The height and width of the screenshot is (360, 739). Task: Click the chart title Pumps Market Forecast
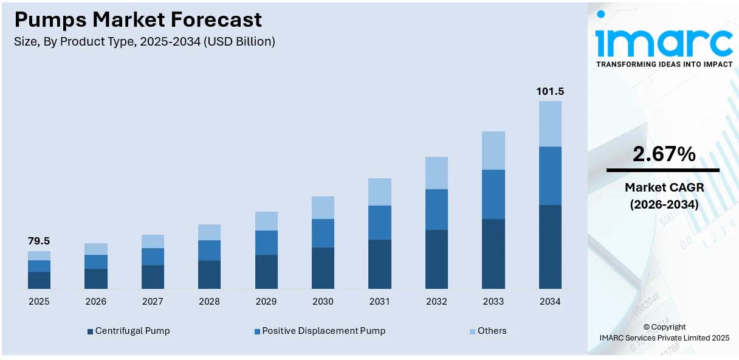(x=138, y=20)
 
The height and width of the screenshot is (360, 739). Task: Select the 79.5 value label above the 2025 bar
(x=39, y=241)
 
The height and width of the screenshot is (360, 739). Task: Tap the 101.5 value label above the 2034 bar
(x=550, y=91)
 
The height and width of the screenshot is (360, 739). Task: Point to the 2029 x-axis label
(x=266, y=302)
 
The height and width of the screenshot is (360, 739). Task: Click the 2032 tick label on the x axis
(x=436, y=302)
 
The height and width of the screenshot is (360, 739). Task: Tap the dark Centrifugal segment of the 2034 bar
(x=550, y=246)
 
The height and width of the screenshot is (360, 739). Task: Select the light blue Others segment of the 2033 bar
(x=493, y=150)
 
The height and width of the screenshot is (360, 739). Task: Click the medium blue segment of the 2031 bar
(x=380, y=223)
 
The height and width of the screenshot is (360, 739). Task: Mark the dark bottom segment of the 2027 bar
(x=153, y=277)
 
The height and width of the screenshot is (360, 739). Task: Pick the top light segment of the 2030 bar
(x=323, y=207)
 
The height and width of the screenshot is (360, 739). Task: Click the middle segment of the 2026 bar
(x=96, y=261)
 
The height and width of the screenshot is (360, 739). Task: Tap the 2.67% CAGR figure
(x=664, y=154)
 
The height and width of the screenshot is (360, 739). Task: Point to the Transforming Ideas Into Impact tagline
(x=664, y=64)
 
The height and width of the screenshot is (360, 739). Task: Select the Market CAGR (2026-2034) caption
(x=664, y=196)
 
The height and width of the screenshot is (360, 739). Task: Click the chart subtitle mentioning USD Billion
(x=145, y=42)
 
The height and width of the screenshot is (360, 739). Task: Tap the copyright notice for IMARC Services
(x=664, y=332)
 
